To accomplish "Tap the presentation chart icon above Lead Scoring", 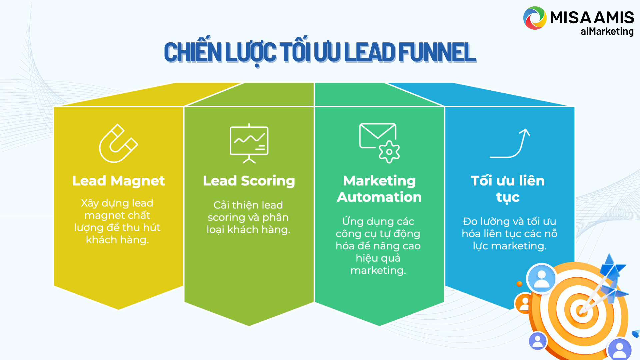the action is coord(249,144).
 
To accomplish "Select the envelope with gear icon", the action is coord(379,143).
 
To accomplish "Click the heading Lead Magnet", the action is coord(119,181).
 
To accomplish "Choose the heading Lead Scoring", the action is coord(249,181).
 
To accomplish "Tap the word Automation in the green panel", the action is coord(379,197).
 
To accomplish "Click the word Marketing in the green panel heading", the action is coord(379,181).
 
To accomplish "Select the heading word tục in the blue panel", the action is coord(508,197).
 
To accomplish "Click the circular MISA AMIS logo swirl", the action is coord(535,18).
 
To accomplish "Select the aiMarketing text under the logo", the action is coord(607,31).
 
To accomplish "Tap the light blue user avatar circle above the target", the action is coord(541,279).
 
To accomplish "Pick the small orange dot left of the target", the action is coord(519,284).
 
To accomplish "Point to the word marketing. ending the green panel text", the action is coord(378,270).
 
